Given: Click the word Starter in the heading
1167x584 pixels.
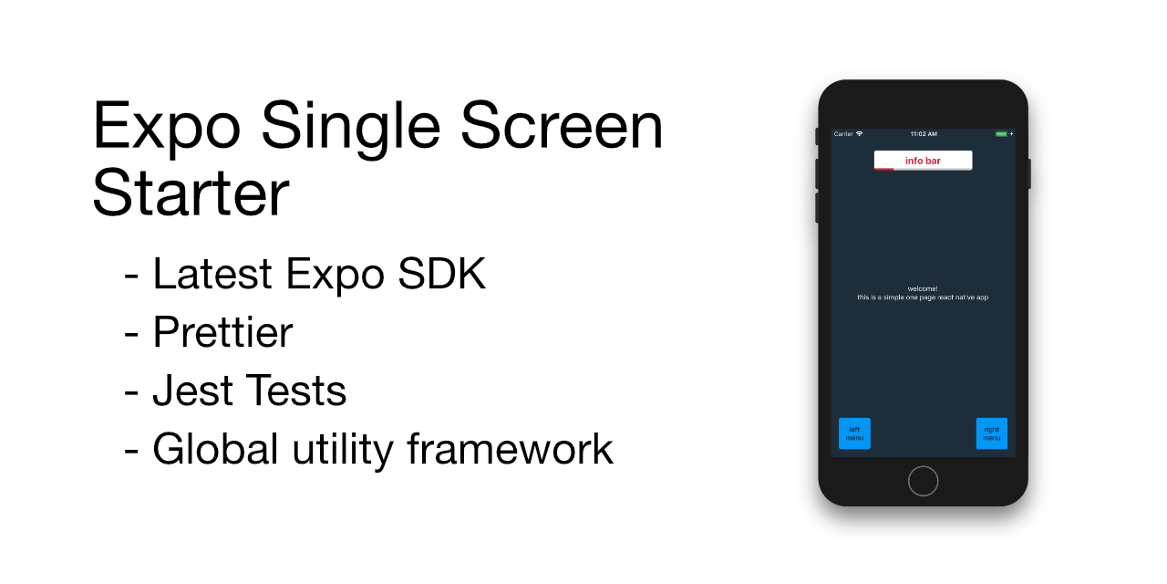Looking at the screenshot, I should [191, 193].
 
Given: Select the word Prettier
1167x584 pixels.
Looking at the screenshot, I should [222, 332].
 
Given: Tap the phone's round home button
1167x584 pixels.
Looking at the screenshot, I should [923, 481].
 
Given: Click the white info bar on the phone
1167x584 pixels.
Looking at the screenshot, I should [923, 161].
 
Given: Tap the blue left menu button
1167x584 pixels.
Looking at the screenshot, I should [854, 433].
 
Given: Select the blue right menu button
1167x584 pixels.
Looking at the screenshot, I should [992, 433].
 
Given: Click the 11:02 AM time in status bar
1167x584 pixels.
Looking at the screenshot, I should [923, 134].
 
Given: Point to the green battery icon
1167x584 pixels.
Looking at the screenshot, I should [1001, 134].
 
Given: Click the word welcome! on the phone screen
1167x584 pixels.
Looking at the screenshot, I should [923, 288].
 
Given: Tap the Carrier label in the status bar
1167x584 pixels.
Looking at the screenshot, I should [843, 134].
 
